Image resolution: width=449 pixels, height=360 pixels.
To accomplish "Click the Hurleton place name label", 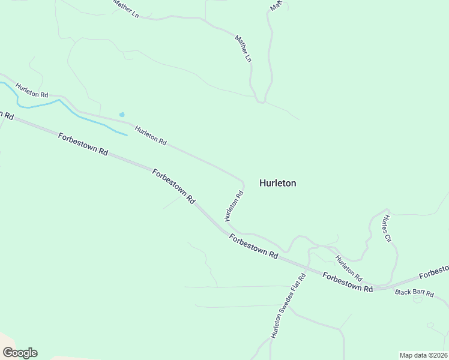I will coord(277,184).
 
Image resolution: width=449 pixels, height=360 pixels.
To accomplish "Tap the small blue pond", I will coord(122,114).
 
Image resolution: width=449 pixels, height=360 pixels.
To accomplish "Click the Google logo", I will coord(20,353).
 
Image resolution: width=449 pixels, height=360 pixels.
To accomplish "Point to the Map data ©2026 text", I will coord(423,355).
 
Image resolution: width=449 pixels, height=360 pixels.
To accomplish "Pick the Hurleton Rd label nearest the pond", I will coord(150,135).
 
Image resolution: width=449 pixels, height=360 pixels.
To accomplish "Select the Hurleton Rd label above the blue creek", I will coord(32,91).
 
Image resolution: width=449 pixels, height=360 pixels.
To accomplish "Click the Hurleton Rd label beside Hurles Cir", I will coord(348,269).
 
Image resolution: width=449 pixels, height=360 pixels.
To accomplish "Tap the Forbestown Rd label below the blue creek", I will coord(83,145).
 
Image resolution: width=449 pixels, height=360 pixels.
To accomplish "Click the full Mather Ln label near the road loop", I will coord(243,49).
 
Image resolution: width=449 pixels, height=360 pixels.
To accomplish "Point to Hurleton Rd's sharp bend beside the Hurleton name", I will coord(243,181).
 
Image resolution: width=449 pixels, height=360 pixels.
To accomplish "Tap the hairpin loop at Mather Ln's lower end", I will coord(261,101).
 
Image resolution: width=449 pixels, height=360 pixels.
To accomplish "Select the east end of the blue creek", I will coord(127,135).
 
